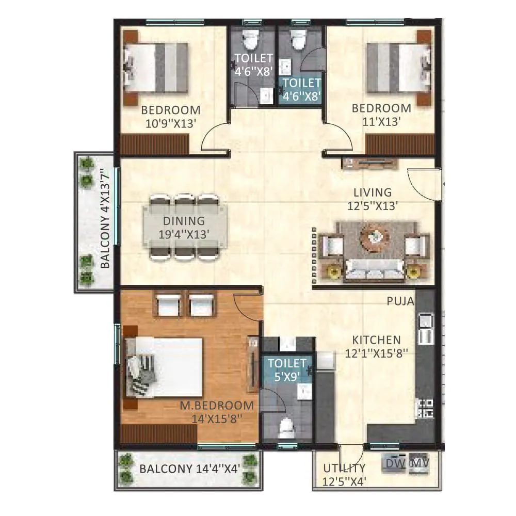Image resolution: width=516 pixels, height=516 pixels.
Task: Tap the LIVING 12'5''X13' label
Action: coord(373,199)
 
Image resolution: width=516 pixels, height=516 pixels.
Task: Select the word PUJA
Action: coord(400,301)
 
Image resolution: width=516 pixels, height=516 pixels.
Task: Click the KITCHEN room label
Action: coord(376,346)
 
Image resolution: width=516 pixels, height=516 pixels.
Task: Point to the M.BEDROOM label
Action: coord(217,412)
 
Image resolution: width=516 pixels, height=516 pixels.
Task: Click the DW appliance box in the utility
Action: coord(395,464)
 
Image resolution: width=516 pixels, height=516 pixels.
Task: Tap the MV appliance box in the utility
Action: coord(419,464)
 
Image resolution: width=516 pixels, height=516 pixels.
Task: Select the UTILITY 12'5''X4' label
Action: coord(344,475)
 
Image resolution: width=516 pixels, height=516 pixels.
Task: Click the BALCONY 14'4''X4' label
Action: coord(183,469)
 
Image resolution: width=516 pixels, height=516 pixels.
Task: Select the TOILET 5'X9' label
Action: coord(287,369)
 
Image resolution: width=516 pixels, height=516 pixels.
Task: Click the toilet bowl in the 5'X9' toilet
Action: coord(287,427)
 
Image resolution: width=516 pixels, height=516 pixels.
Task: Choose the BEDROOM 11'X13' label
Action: coord(381,114)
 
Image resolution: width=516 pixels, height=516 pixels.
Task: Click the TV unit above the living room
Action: coord(369,164)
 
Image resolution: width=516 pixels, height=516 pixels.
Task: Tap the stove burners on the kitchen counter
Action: coord(426,408)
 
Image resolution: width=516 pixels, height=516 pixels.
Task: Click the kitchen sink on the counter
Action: coord(426,329)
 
